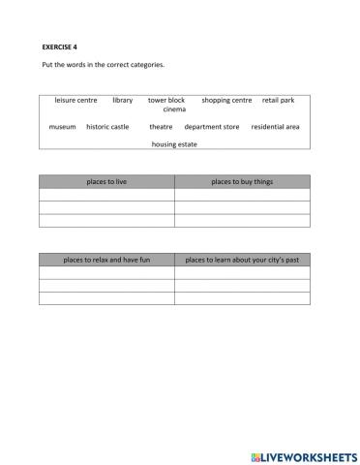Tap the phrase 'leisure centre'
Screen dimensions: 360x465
click(x=75, y=100)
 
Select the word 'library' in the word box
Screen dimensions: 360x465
click(x=123, y=100)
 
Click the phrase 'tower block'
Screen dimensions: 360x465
click(x=166, y=100)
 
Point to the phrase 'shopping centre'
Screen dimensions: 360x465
click(x=226, y=100)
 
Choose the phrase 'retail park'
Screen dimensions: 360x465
click(x=278, y=100)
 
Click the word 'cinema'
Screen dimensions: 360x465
click(x=174, y=109)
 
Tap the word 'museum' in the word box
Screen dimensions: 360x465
click(x=62, y=127)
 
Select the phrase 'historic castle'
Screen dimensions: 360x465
click(x=107, y=127)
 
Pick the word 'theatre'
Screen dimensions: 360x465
click(x=161, y=127)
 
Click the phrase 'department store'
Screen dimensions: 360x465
click(x=212, y=127)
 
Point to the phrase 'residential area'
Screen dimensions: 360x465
click(x=275, y=127)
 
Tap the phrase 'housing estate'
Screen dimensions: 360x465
click(x=174, y=144)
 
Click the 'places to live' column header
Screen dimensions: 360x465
click(x=106, y=181)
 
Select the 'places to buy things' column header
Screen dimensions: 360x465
click(x=242, y=181)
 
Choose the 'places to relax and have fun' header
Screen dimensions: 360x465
click(x=106, y=260)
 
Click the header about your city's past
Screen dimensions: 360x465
click(x=242, y=260)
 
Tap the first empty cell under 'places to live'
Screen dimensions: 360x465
click(x=106, y=194)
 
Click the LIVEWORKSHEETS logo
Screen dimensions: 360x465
click(x=303, y=454)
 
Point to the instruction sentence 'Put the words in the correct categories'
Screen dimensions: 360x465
click(x=104, y=65)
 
